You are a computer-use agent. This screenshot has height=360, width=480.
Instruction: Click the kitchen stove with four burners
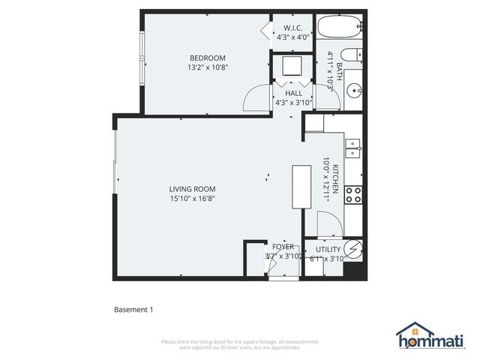tap(353, 196)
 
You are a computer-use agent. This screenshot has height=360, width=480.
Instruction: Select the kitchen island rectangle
tap(301, 187)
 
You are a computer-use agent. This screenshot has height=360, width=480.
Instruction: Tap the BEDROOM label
tap(207, 58)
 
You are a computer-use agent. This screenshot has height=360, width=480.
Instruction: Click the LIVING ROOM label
tap(192, 189)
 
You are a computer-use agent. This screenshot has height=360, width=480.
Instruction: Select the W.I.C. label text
tap(292, 28)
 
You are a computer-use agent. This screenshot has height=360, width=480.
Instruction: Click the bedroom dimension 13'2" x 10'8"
tap(207, 67)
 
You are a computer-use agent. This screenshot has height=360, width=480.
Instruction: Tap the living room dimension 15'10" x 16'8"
tap(192, 199)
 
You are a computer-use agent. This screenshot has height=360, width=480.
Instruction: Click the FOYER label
tap(283, 247)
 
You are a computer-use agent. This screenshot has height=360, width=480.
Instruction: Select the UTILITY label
tap(328, 249)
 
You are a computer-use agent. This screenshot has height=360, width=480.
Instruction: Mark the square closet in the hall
tap(288, 68)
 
